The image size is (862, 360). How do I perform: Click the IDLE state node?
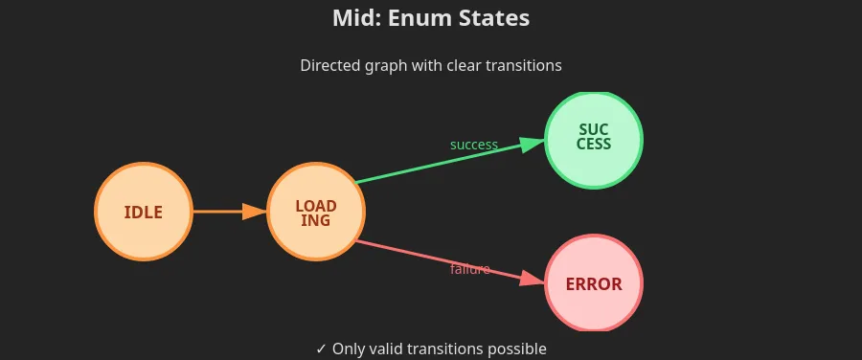[x=143, y=212]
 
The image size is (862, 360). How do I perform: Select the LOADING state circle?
[x=315, y=212]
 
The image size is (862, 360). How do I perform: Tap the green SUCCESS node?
[x=594, y=140]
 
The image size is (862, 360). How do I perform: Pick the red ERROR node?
[x=594, y=283]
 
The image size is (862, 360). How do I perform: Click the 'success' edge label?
[x=474, y=145]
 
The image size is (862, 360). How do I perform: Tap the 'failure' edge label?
[x=470, y=269]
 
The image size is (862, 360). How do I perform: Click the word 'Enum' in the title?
[x=426, y=18]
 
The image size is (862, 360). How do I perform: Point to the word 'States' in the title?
[x=495, y=18]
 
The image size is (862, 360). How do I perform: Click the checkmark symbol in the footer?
[x=322, y=349]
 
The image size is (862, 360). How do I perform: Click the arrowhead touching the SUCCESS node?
[x=533, y=144]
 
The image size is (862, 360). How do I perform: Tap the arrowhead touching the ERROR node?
[x=533, y=280]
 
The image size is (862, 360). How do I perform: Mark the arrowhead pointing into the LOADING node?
[x=255, y=212]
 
